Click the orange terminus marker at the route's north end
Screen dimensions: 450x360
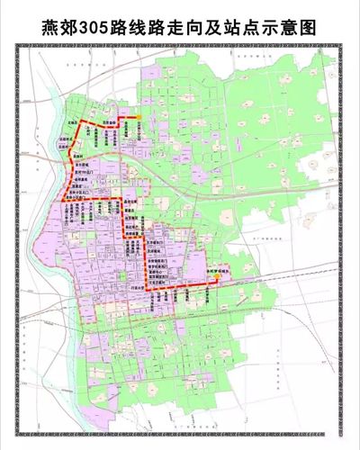pos(139,118)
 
